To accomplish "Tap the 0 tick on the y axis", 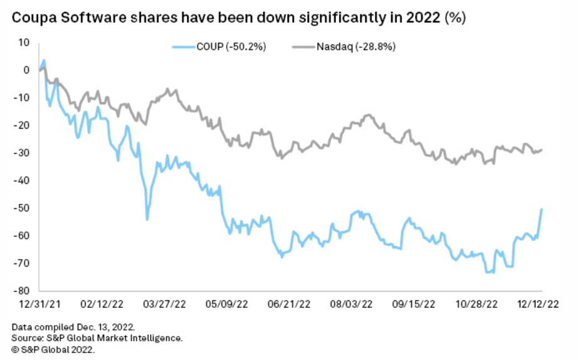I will click(27, 70).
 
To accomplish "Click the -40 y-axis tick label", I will click(23, 181).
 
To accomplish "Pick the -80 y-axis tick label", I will click(23, 291).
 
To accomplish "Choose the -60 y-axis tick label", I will click(23, 236).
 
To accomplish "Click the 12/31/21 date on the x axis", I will click(39, 304).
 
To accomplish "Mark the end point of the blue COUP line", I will click(541, 209).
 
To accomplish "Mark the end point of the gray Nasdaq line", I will click(542, 149).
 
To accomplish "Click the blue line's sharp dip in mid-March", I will click(147, 219).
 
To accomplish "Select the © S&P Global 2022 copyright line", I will click(53, 348).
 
